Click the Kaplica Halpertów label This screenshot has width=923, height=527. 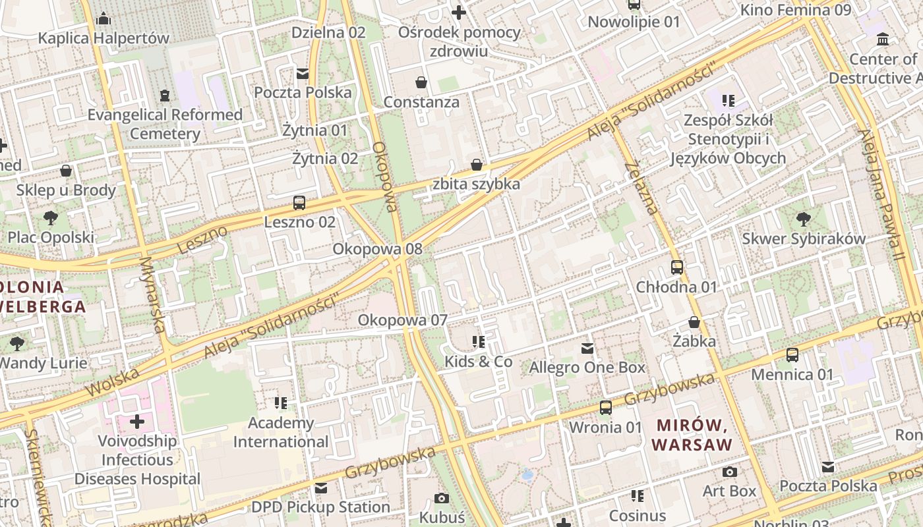coord(104,38)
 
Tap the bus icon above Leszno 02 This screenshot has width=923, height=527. coord(299,202)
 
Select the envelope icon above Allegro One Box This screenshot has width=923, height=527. coord(587,348)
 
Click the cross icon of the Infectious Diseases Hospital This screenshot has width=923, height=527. coord(137,421)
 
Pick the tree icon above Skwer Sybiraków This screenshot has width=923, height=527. coord(804,219)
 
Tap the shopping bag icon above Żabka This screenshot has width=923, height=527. coord(694,322)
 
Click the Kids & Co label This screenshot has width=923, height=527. coord(478,361)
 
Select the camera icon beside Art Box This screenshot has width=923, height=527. coord(730,472)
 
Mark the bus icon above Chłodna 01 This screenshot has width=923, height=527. coord(677,267)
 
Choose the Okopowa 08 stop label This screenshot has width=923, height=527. coord(377,249)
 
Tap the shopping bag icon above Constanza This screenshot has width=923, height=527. coord(421,82)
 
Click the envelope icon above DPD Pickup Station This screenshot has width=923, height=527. coord(321,488)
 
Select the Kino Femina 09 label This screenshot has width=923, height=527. coord(796,10)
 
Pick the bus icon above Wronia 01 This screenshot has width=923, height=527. coord(605,408)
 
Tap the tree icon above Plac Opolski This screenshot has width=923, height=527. coord(51,217)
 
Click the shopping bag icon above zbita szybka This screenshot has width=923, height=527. coord(477,164)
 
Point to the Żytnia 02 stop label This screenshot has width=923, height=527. coord(325,158)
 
